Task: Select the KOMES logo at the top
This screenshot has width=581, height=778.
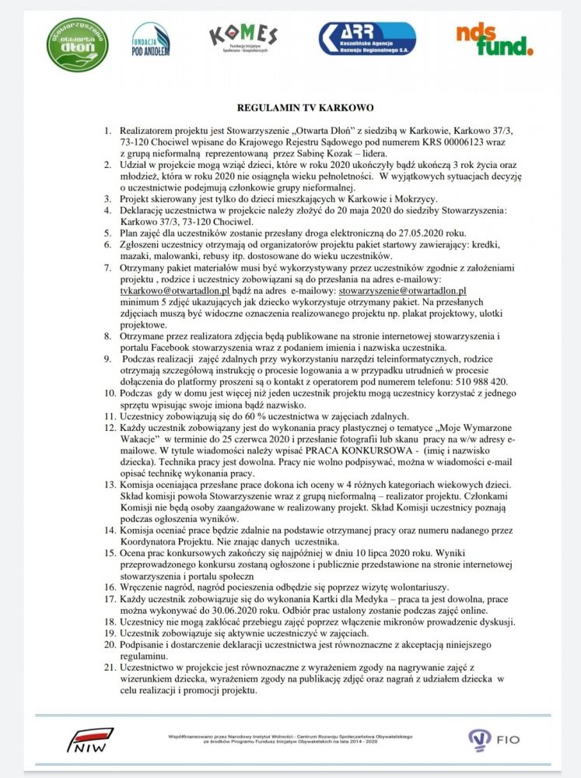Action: click(243, 40)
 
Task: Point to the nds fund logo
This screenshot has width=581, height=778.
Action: click(494, 40)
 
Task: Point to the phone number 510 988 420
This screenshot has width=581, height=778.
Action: click(481, 381)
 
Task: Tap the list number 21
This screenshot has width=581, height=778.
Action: click(109, 668)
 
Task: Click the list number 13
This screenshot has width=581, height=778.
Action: click(109, 484)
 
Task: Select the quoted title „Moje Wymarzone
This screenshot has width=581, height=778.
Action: click(476, 427)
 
